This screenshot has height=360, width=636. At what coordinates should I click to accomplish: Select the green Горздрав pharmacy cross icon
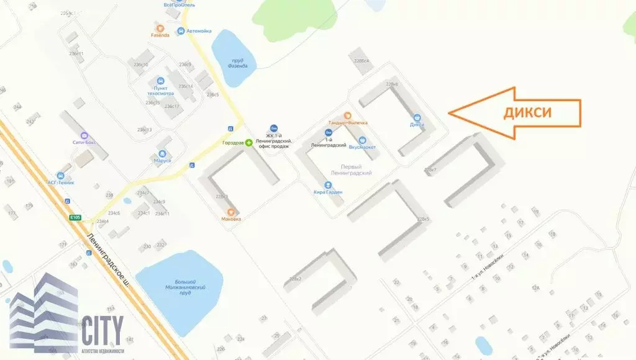pyautogui.click(x=249, y=143)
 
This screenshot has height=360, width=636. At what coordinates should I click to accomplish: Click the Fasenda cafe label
pyautogui.click(x=160, y=35)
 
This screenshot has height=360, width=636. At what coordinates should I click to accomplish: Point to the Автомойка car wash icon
pyautogui.click(x=181, y=31)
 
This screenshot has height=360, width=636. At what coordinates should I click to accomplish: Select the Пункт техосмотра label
pyautogui.click(x=160, y=91)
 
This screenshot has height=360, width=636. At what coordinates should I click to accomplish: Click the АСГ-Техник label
pyautogui.click(x=61, y=182)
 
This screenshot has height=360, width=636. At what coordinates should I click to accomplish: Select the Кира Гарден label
pyautogui.click(x=328, y=192)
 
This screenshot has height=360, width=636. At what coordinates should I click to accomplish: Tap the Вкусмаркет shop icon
pyautogui.click(x=363, y=140)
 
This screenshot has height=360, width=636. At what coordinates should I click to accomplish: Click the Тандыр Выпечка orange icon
pyautogui.click(x=347, y=115)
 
